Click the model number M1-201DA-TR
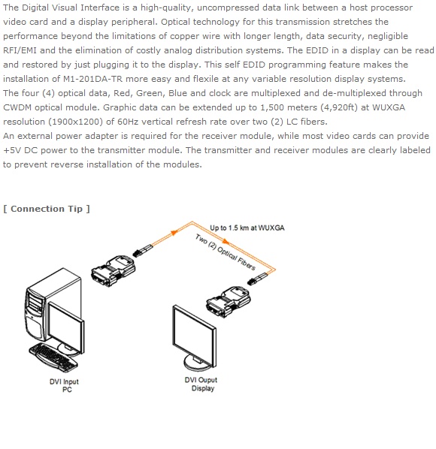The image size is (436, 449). (92, 79)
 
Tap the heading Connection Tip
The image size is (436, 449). (47, 209)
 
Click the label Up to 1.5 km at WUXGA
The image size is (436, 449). (247, 228)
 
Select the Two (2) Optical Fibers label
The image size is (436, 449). (225, 252)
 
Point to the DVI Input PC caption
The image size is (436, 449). (64, 385)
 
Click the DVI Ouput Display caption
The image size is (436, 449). (201, 384)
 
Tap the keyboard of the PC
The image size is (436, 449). (53, 358)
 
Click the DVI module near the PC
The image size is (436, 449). (114, 271)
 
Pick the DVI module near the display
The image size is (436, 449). (229, 302)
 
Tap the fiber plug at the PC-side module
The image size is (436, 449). (143, 251)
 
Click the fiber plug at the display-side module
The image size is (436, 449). (257, 279)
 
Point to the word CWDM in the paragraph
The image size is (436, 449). (17, 107)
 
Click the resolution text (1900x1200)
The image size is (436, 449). (76, 122)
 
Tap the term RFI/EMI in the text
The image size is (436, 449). (20, 50)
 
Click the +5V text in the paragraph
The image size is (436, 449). (12, 150)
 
